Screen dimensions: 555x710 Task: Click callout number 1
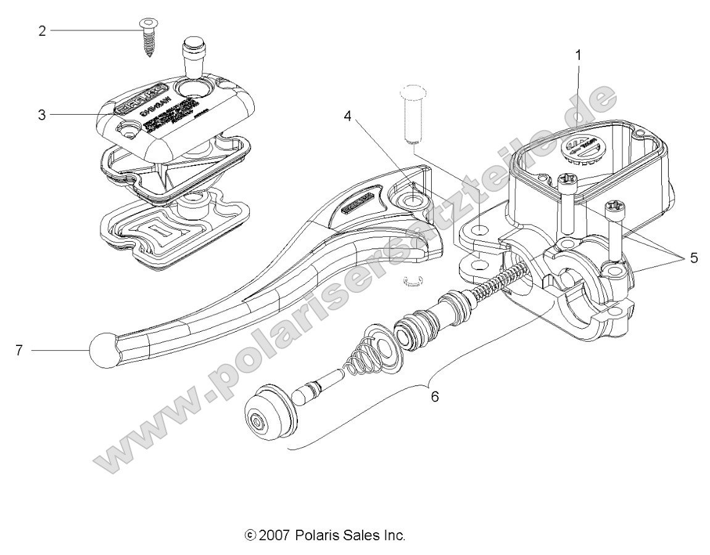(578, 55)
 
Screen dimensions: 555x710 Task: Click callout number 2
(42, 30)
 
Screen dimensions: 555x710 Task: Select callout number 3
(42, 115)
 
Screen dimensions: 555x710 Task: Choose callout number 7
(19, 351)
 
